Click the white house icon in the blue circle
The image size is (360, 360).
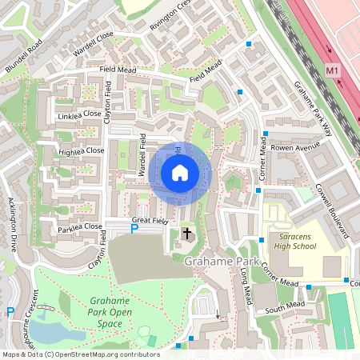coord(180,173)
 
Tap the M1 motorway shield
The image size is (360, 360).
coord(333,71)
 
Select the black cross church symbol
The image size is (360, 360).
coord(188,234)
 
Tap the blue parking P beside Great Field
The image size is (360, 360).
coord(134,230)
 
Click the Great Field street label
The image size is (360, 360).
coord(150,219)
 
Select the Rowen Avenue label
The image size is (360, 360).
coord(294,147)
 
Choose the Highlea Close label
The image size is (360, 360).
coord(81,150)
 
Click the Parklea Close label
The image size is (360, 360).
coord(80,226)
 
